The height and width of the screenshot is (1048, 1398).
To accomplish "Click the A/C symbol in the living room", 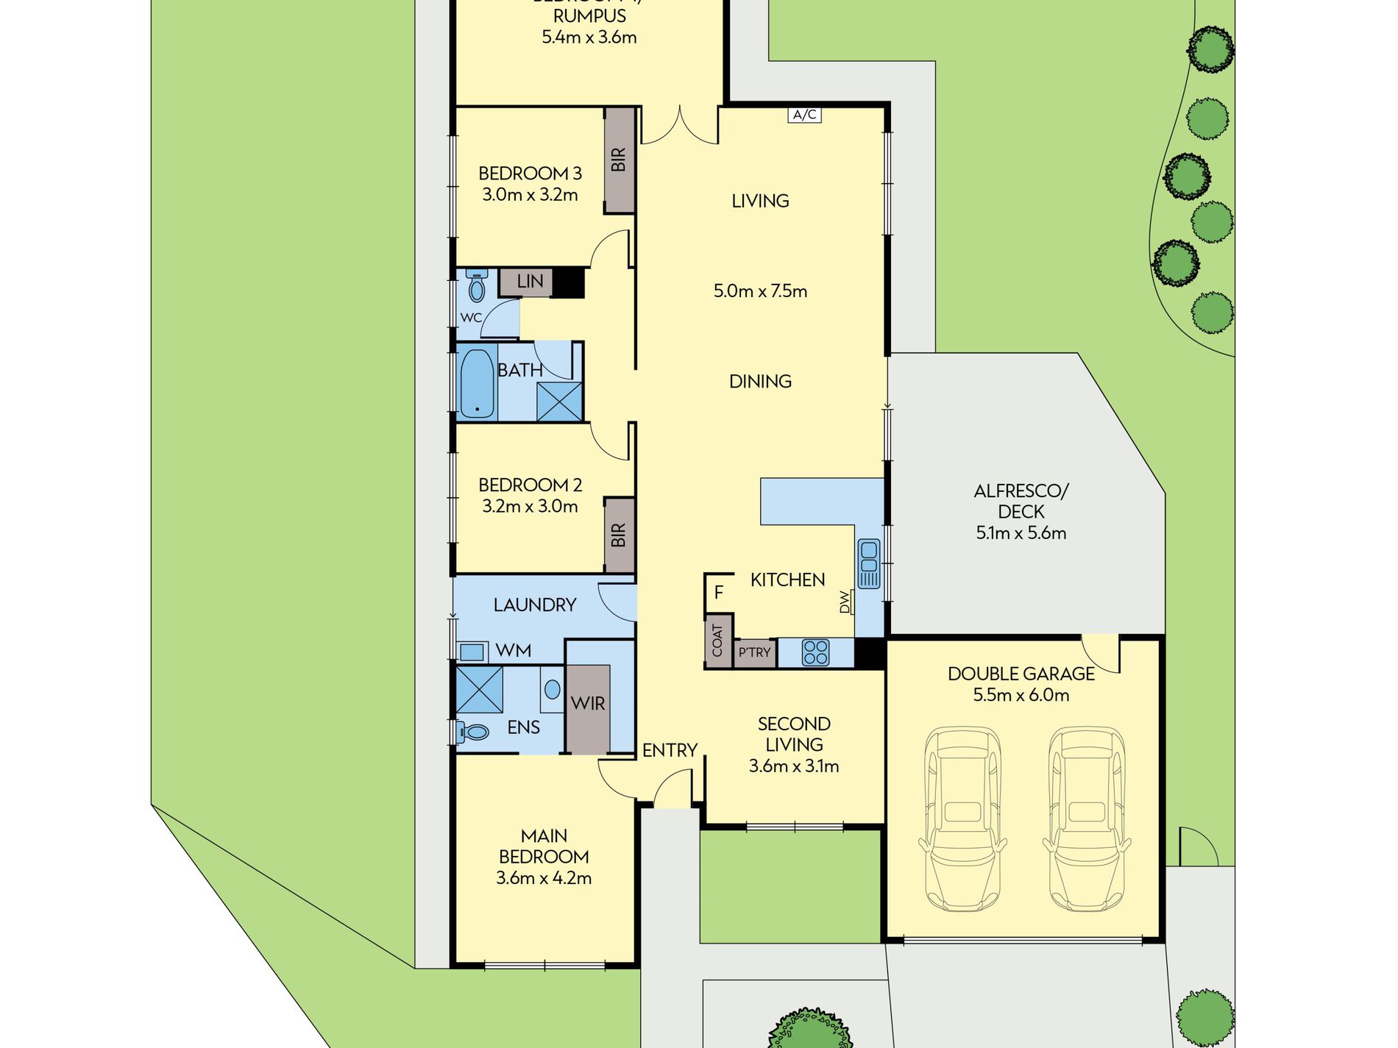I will tap(804, 115).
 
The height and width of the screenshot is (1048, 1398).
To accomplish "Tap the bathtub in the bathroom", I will tap(477, 383).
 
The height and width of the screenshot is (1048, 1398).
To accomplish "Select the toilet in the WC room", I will tap(477, 287).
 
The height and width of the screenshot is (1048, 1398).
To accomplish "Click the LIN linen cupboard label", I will tap(530, 281).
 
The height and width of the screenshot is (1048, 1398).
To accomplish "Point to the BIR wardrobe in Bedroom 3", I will tap(619, 160).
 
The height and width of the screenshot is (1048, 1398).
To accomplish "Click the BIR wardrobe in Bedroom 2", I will tap(619, 535).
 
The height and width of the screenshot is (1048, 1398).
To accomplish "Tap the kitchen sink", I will tap(868, 563).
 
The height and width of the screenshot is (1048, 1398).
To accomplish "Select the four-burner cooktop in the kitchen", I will tap(815, 652).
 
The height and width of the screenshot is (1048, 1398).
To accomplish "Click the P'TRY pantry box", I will tap(755, 652).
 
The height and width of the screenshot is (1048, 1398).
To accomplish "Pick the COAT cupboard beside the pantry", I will tap(718, 641).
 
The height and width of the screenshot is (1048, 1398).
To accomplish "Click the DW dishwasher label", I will tap(845, 602).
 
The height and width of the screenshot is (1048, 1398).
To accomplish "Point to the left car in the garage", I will tap(963, 819).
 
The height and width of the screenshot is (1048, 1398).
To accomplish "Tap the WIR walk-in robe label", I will tap(588, 704).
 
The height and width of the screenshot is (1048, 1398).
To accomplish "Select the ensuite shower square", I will tap(479, 690).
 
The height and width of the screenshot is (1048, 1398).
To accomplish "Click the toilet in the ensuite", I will tap(472, 732).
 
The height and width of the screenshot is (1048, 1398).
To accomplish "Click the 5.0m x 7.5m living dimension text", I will tap(760, 291).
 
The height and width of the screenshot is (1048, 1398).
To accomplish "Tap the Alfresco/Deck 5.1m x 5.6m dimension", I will tap(1021, 533).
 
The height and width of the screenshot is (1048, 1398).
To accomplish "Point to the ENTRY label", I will tap(670, 750).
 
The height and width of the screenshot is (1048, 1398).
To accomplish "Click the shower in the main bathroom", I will tap(559, 402).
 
